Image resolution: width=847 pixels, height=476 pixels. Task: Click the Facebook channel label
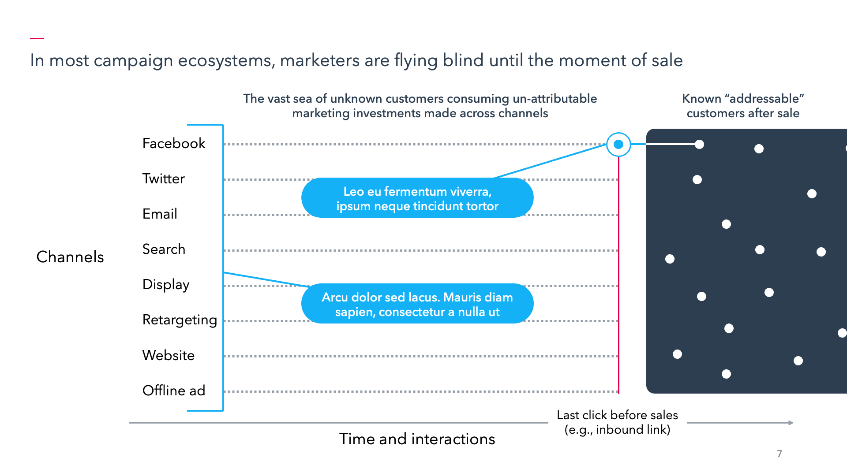(174, 143)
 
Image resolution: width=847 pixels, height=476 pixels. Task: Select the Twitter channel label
(163, 178)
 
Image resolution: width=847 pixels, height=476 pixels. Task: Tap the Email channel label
(160, 214)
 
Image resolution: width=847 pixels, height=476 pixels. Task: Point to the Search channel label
(164, 249)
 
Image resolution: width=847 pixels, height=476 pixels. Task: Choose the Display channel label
(166, 285)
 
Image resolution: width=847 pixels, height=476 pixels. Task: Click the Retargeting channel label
(180, 320)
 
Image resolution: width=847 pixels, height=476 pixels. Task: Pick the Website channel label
(169, 355)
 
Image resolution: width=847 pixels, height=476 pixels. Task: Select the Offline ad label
(174, 390)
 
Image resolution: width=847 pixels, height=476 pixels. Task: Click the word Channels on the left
(70, 257)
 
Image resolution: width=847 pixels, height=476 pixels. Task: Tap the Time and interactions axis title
(417, 439)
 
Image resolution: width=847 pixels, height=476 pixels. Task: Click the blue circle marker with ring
(618, 144)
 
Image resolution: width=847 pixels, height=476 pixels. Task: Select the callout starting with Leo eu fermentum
(417, 198)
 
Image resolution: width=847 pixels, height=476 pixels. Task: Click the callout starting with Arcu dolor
(417, 304)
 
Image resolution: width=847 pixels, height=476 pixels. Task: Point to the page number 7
(780, 454)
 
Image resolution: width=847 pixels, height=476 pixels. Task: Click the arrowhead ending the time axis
(791, 423)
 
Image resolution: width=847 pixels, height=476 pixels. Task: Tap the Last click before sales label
(617, 422)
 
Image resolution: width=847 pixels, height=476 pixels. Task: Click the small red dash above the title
(37, 38)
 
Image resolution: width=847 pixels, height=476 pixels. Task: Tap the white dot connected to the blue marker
(699, 144)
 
